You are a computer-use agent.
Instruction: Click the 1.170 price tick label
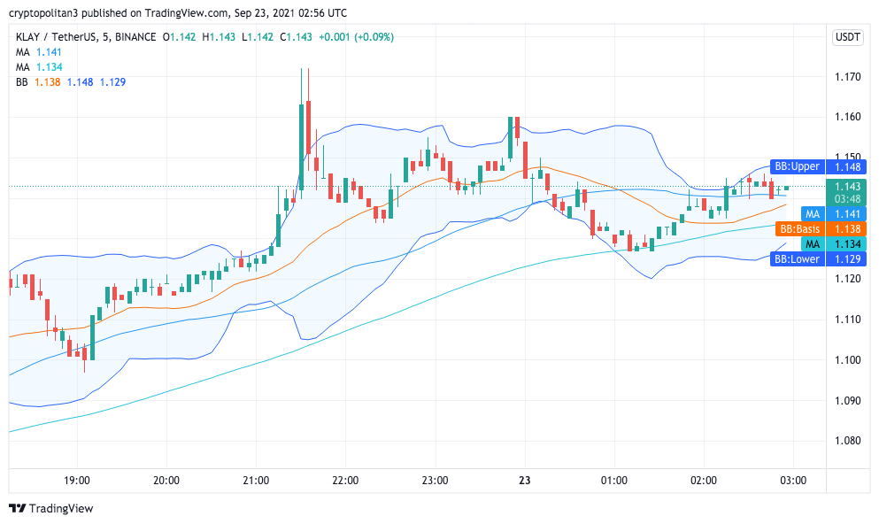pos(848,77)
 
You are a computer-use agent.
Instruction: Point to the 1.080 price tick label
pos(848,441)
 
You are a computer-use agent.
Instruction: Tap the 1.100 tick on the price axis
pos(848,360)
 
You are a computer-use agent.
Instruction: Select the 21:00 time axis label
pos(256,481)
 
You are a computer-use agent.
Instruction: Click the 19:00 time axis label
pos(77,481)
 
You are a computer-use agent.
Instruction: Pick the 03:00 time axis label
pos(792,481)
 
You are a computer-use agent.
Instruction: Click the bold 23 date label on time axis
pos(524,481)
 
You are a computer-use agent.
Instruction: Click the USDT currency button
pos(848,37)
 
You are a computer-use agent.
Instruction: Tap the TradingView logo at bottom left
pos(50,509)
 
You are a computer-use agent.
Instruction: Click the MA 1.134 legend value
pos(50,66)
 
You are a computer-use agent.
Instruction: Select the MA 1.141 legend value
pos(50,52)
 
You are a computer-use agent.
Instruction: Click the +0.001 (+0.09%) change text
pos(357,37)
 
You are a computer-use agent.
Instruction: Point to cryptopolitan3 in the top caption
pos(47,13)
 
